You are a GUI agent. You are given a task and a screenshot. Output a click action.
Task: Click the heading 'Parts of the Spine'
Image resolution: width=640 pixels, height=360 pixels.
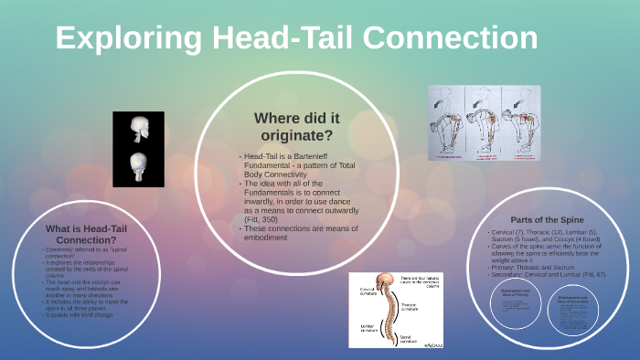point(547,220)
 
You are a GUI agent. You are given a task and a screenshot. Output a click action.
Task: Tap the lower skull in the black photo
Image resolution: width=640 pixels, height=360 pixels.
point(138,165)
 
